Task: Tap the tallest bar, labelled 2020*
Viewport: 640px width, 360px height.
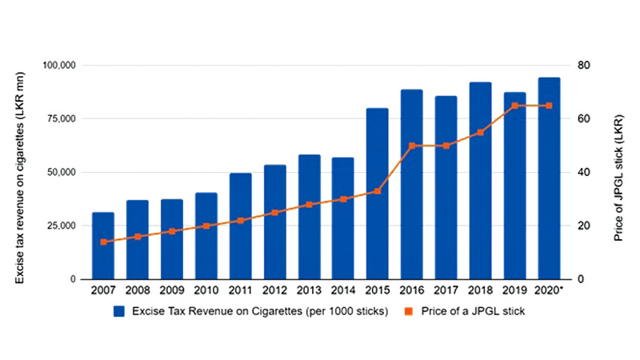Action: pyautogui.click(x=548, y=178)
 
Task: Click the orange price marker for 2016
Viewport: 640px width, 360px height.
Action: pyautogui.click(x=411, y=146)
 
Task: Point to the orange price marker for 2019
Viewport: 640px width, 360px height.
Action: pyautogui.click(x=514, y=106)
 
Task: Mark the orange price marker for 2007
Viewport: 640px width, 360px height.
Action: pyautogui.click(x=103, y=242)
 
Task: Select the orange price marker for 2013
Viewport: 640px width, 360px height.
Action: pyautogui.click(x=309, y=204)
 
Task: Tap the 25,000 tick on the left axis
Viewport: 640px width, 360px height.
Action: pyautogui.click(x=72, y=226)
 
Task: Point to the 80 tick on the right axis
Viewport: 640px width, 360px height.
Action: pyautogui.click(x=583, y=65)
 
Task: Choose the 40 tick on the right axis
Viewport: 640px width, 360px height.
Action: pyautogui.click(x=583, y=172)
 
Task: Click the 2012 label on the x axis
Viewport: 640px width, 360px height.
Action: pyautogui.click(x=274, y=290)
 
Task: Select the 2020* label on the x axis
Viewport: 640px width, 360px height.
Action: pyautogui.click(x=550, y=290)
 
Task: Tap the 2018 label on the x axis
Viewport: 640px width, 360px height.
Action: pyautogui.click(x=480, y=290)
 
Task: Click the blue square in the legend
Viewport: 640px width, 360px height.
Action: pyautogui.click(x=118, y=310)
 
